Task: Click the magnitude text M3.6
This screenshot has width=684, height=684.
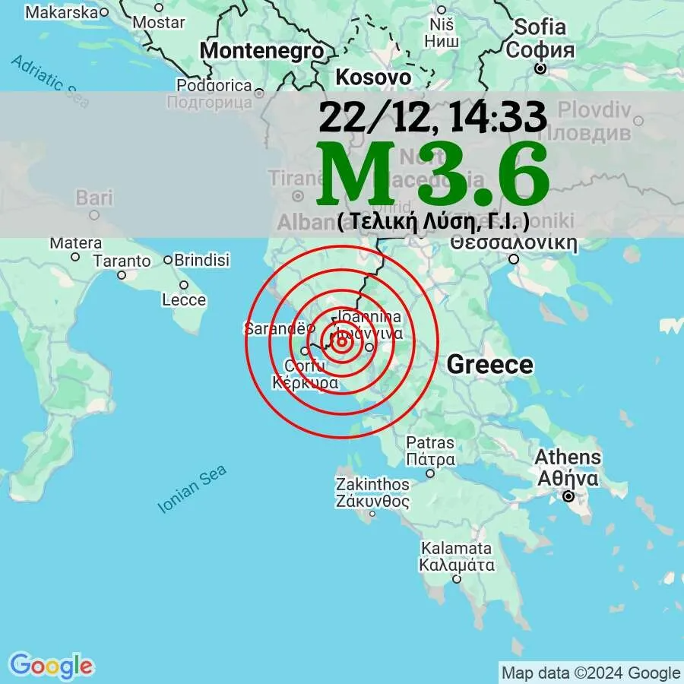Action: [434, 175]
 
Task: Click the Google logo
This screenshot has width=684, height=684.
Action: [51, 666]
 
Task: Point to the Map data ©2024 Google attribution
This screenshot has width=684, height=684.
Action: [591, 673]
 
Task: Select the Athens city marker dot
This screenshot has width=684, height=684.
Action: [568, 497]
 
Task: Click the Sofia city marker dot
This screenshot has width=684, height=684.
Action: [540, 68]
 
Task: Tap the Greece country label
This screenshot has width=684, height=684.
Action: [489, 365]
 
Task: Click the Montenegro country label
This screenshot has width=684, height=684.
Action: [261, 51]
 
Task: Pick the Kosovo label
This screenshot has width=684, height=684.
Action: [373, 77]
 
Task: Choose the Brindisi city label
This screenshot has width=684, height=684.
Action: [201, 260]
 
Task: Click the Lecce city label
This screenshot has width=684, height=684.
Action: [184, 299]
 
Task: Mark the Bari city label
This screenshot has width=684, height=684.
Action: [94, 199]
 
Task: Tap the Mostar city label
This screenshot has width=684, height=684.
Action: [158, 22]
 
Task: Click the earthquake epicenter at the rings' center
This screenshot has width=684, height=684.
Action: [341, 341]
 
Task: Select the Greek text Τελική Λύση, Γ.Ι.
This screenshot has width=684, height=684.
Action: [432, 221]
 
